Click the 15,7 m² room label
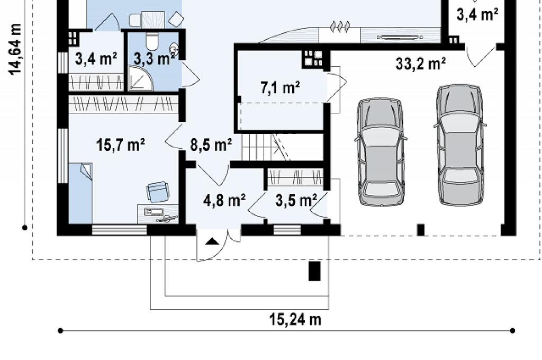(x=121, y=145)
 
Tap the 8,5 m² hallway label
(x=211, y=145)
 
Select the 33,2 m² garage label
(x=421, y=64)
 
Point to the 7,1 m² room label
(x=280, y=87)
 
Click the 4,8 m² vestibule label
(x=224, y=200)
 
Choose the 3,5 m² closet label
(x=296, y=200)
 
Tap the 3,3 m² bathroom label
(x=154, y=59)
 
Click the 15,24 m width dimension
(x=295, y=319)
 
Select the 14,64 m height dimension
(x=15, y=49)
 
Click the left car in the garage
(x=380, y=152)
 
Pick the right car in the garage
(x=460, y=145)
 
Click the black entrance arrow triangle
(x=210, y=241)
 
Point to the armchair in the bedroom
(x=158, y=192)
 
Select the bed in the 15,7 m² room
(x=80, y=193)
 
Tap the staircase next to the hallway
(x=265, y=147)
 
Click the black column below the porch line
(x=314, y=271)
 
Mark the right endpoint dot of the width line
(x=512, y=330)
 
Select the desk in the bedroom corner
(x=158, y=214)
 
